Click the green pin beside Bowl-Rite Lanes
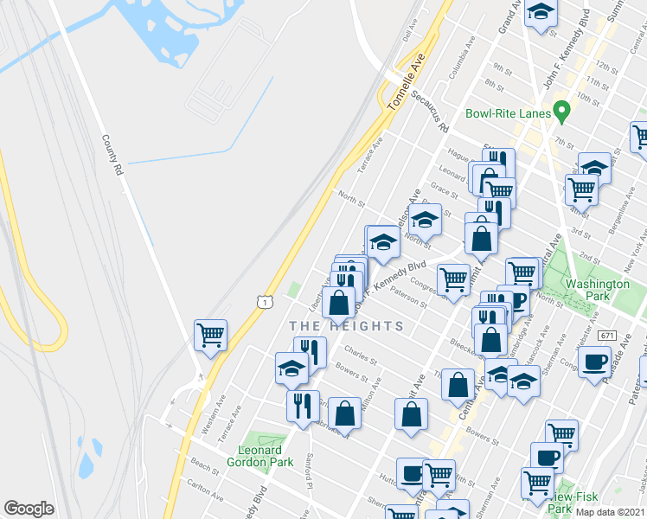562,111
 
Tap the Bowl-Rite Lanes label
509,113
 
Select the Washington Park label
598,289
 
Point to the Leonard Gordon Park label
260,456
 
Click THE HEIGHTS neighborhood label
346,326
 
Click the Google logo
29,509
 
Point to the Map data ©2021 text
611,512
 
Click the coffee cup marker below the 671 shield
595,362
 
